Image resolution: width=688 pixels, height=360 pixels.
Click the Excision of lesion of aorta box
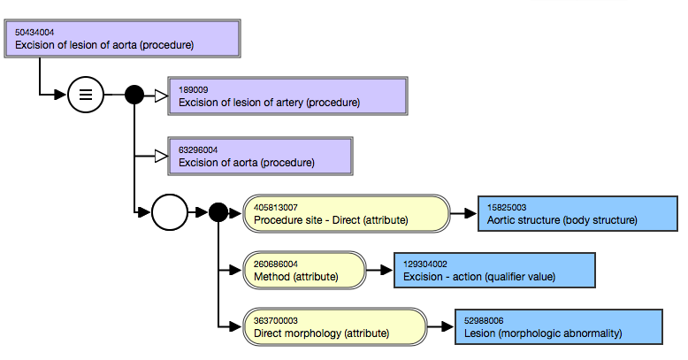coord(122,39)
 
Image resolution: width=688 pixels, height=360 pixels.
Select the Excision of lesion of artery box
coord(287,96)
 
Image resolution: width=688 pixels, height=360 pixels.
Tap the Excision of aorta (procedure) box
coord(260,157)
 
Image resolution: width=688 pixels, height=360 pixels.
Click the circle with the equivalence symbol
coord(86,95)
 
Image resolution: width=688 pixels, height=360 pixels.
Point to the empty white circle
coord(170,212)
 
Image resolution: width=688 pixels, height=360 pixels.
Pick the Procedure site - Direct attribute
coord(347,214)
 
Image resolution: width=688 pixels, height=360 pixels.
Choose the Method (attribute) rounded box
coord(304,271)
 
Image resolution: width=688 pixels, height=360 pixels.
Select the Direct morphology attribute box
coord(335,327)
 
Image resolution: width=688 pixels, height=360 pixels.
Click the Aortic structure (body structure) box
coord(577,214)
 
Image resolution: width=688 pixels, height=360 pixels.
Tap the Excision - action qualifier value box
coord(494,271)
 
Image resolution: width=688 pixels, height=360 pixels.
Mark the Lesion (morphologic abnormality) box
coord(559,327)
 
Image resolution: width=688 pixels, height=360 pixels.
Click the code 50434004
coord(34,33)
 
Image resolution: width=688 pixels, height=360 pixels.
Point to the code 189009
coord(193,90)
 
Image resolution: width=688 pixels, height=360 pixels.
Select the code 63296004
coord(198,150)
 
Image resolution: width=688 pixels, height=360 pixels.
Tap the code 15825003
coord(507,208)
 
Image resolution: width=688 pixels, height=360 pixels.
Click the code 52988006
coord(484,321)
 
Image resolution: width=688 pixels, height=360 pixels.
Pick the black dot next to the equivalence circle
coord(134,95)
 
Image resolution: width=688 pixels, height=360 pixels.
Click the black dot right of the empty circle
coord(218,212)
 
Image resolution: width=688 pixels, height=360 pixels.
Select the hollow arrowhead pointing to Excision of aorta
coord(162,156)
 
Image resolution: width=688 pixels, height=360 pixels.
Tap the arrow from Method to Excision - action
coord(379,270)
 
